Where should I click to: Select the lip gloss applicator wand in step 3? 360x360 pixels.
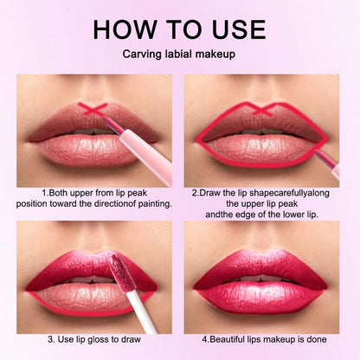(130, 285)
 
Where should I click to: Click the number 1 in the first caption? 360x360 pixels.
(44, 191)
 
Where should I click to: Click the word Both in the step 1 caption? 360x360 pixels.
(58, 191)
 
